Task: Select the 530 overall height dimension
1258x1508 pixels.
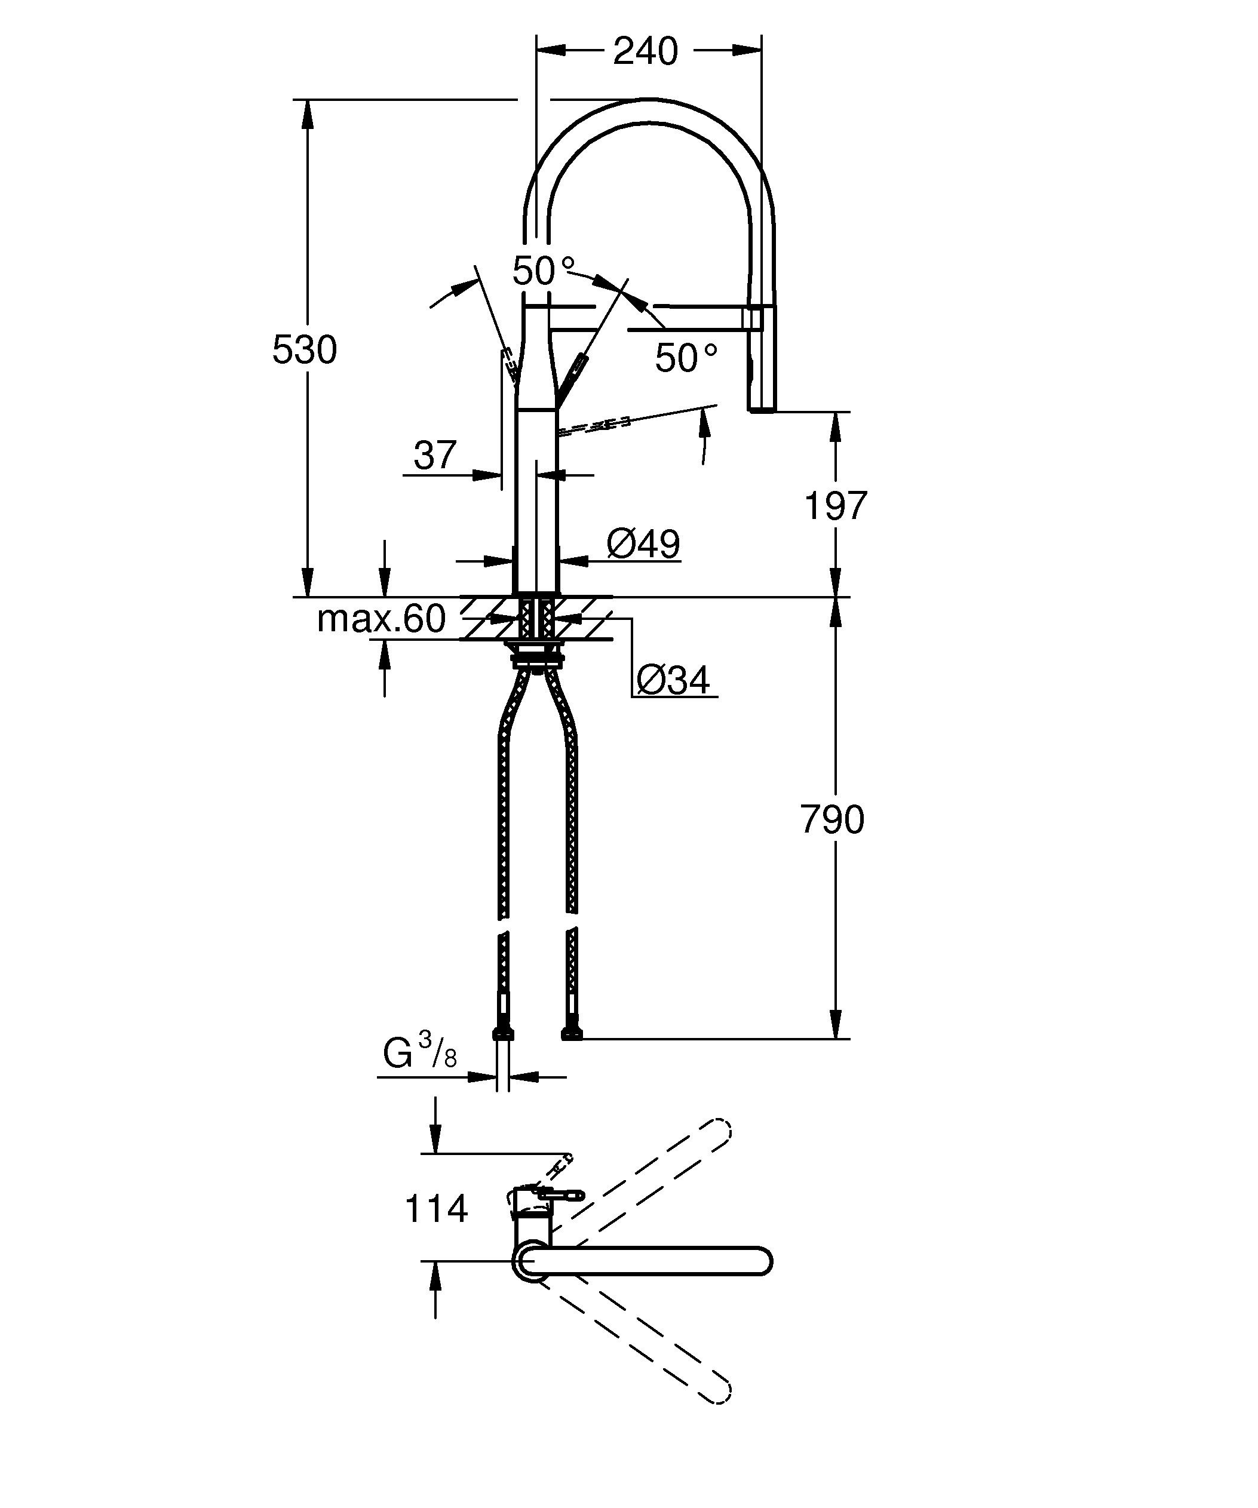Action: pos(305,351)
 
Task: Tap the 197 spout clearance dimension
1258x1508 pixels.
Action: pos(835,506)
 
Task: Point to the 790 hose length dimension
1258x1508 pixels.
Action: pos(832,819)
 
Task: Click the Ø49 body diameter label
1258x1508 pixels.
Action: pos(643,543)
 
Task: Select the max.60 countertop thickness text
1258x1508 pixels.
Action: pos(381,618)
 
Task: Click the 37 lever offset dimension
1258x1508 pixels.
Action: pos(434,455)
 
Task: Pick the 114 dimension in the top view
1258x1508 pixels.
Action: pos(436,1209)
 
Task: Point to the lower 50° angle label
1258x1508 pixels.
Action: pos(686,358)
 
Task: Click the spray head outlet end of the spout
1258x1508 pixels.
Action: pos(761,408)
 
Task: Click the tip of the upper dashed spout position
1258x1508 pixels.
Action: pos(722,1129)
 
